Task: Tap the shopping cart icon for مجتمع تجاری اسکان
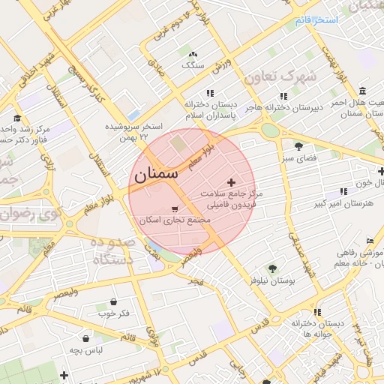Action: click(175, 209)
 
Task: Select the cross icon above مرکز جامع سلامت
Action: click(230, 182)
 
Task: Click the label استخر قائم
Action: click(316, 19)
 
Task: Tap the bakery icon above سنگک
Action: click(193, 55)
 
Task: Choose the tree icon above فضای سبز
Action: click(299, 146)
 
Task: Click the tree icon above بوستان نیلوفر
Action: click(271, 268)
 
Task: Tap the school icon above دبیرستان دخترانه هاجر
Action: click(283, 95)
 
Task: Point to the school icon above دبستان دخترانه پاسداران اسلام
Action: click(210, 94)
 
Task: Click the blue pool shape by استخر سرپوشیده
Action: click(134, 115)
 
